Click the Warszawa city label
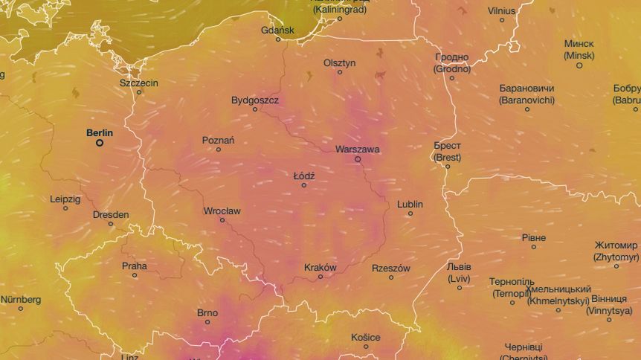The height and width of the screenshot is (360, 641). [357, 149]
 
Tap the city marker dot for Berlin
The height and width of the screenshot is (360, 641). [100, 143]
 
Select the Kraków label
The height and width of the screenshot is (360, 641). [320, 267]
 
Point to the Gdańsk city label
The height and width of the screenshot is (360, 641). [278, 30]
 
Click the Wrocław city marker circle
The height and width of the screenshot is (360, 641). [222, 220]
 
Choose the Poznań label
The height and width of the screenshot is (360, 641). [219, 140]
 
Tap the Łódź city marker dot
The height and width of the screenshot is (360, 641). [303, 185]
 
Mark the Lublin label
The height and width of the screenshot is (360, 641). [410, 204]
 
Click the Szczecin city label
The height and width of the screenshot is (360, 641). [139, 83]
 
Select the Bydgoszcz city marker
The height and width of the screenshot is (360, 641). [255, 109]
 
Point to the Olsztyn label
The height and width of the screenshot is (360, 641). [340, 62]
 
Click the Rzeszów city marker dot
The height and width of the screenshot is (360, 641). [391, 277]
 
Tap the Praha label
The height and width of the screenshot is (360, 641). [135, 266]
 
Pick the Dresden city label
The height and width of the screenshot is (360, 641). [111, 214]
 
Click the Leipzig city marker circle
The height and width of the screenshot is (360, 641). [65, 208]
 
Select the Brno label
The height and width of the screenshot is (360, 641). [207, 312]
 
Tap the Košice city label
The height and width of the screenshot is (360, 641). [366, 337]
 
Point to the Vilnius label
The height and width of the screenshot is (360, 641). [502, 10]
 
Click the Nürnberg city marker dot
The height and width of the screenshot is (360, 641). [20, 309]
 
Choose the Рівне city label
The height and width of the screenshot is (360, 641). [534, 237]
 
